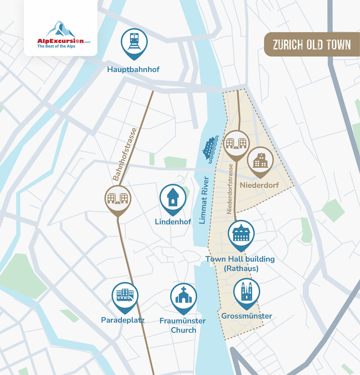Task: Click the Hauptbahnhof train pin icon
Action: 134,42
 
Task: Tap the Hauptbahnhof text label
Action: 133,69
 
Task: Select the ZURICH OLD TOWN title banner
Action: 312,44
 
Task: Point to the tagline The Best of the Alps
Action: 56,46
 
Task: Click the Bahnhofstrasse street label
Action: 125,154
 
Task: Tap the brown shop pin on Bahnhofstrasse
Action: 118,199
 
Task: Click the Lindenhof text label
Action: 173,222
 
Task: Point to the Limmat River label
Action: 204,200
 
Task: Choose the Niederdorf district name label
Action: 259,185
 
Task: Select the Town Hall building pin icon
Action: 241,234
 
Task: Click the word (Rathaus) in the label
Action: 241,269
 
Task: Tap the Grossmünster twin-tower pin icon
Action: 247,292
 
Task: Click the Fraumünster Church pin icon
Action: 184,297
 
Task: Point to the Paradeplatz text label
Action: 123,320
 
